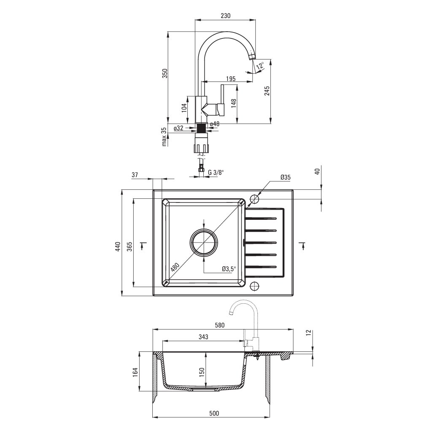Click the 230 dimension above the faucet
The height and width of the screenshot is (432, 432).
tap(225, 16)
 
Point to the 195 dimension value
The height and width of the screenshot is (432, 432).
tap(230, 79)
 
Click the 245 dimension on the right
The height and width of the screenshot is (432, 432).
tap(267, 91)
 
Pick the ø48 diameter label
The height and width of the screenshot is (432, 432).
tap(215, 124)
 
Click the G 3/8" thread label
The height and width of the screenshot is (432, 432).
tap(216, 172)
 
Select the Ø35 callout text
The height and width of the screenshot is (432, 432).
tap(286, 178)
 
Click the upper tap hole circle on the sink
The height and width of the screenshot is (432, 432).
tap(254, 198)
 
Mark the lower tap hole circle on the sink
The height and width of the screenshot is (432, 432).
tap(254, 286)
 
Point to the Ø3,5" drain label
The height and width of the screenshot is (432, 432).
tap(229, 269)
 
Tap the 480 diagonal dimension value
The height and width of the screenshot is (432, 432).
tap(175, 267)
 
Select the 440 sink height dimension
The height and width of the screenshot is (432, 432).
tap(119, 246)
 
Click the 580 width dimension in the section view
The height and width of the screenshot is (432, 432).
tap(220, 325)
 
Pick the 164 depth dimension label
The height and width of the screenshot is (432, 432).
tap(135, 372)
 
